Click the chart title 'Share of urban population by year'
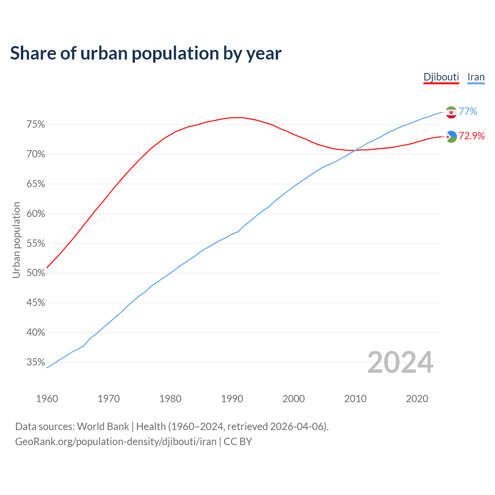(x=146, y=53)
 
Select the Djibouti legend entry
(x=441, y=77)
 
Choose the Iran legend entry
(x=476, y=77)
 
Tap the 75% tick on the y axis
(x=36, y=125)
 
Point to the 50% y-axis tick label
(x=36, y=273)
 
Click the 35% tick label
(x=36, y=362)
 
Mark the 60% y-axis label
(x=36, y=214)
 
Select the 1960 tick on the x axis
(x=47, y=399)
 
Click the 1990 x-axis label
(x=232, y=399)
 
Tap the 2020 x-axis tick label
(x=417, y=399)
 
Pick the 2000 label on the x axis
(x=294, y=399)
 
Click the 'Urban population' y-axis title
(x=16, y=240)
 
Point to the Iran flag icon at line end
(x=451, y=112)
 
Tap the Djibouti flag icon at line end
(x=451, y=137)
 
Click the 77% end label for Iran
(x=468, y=112)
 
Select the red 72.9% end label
(x=472, y=136)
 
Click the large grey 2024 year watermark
(x=400, y=362)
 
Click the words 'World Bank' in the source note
(x=103, y=427)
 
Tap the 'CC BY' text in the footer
(x=238, y=442)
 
